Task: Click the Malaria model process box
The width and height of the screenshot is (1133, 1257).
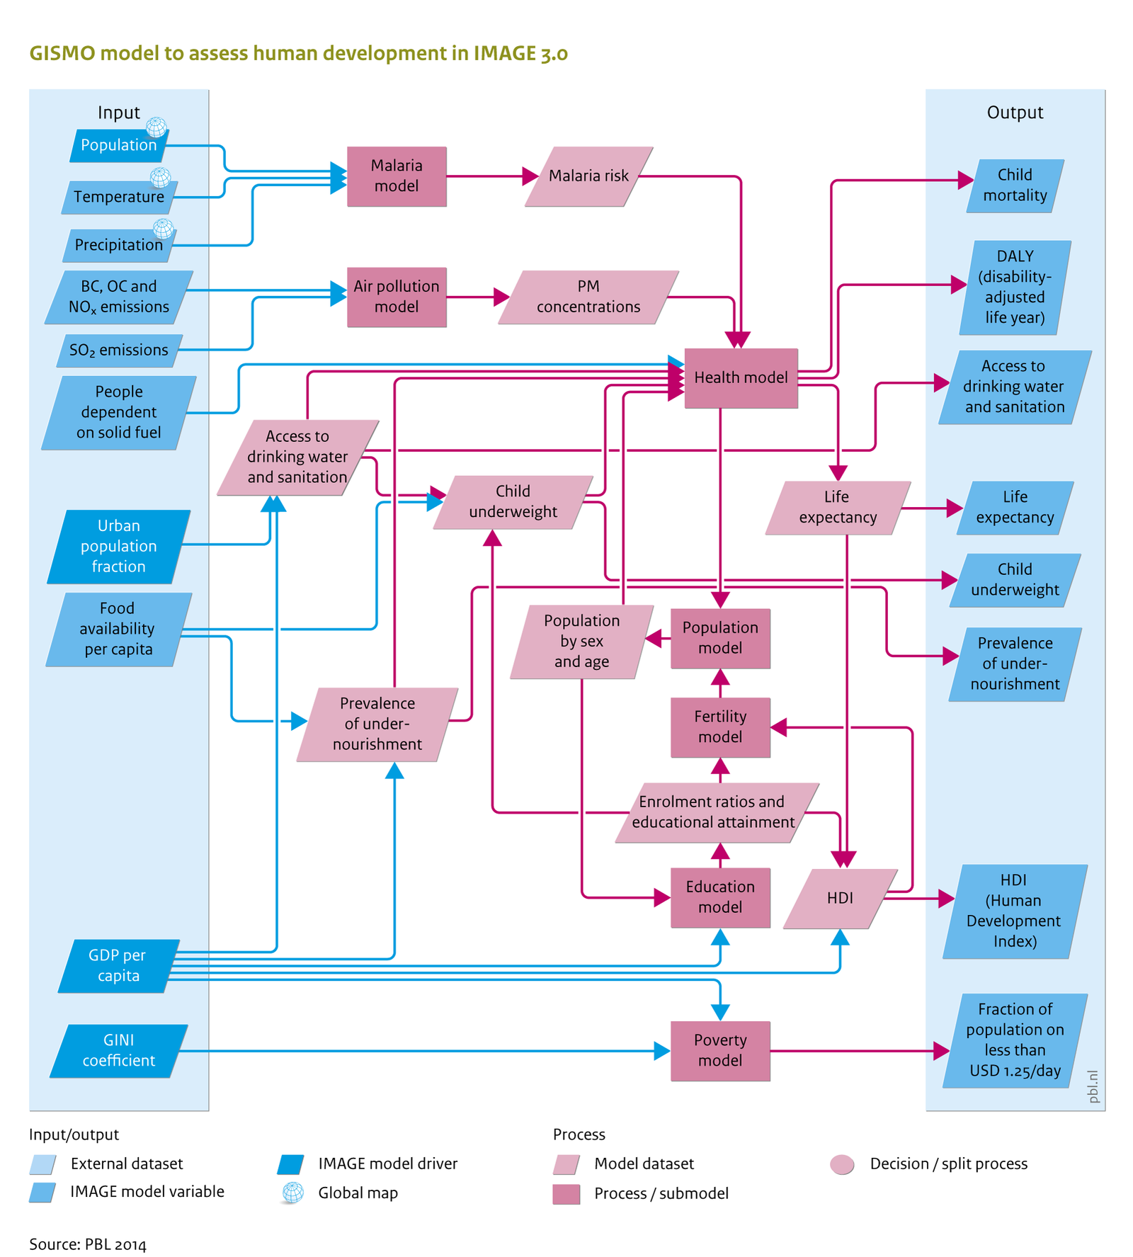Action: point(396,176)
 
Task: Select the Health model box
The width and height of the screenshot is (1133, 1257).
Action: point(740,377)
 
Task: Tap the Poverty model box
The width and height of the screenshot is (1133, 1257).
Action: point(719,1050)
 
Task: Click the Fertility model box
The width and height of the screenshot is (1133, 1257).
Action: point(719,727)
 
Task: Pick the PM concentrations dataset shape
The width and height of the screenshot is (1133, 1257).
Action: point(588,297)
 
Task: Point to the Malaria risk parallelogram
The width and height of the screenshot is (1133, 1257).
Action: point(588,176)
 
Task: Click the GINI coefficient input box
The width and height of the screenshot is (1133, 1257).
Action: point(118,1050)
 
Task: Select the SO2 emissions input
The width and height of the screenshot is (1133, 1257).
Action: point(118,351)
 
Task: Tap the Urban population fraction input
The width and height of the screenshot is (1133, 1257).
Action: point(118,546)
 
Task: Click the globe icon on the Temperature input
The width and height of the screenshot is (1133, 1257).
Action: point(160,177)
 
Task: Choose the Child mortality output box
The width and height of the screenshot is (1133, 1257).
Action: point(1015,186)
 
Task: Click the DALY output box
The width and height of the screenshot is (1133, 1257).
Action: point(1015,287)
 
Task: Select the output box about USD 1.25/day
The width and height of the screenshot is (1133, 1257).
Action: point(1015,1040)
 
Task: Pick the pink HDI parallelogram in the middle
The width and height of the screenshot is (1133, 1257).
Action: point(840,898)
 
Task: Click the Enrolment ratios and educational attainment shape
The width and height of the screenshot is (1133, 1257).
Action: point(715,812)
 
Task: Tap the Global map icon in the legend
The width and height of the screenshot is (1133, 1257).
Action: point(292,1193)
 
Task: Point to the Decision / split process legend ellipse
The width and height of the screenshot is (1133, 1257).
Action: point(842,1164)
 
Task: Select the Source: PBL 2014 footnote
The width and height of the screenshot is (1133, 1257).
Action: point(87,1244)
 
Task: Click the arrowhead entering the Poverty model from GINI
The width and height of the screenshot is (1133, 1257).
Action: point(661,1051)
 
